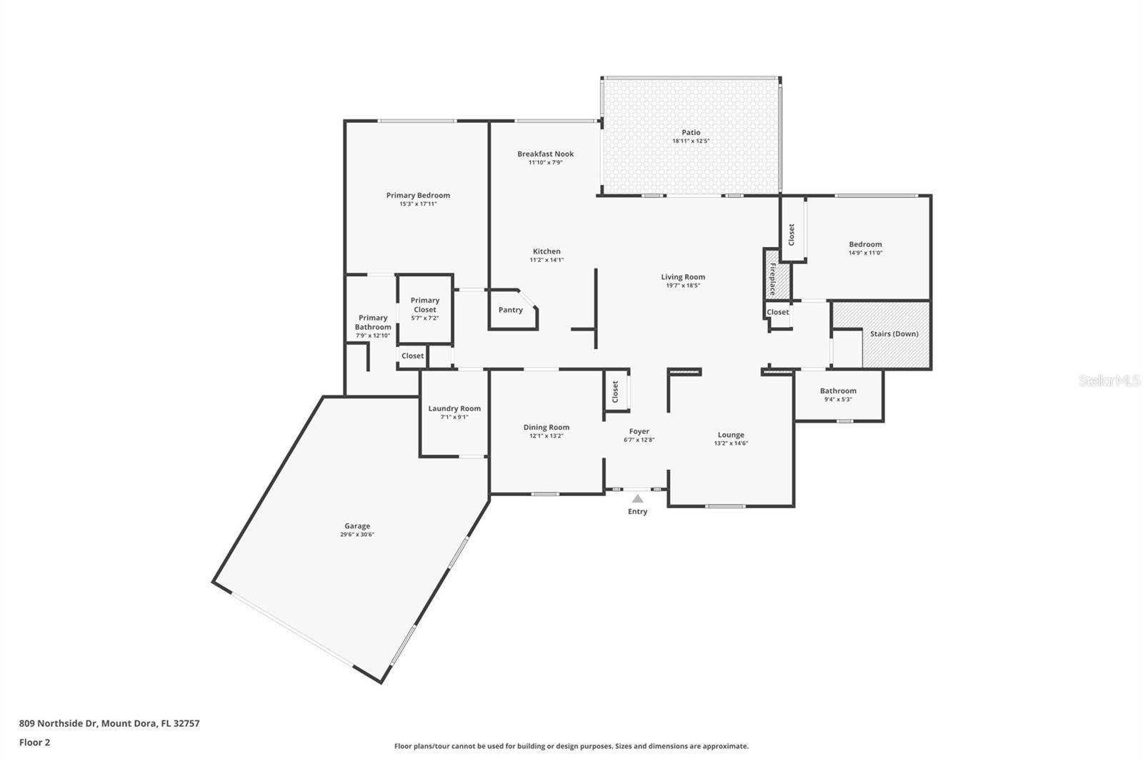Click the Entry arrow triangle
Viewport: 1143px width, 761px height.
click(638, 498)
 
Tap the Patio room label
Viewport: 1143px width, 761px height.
click(691, 132)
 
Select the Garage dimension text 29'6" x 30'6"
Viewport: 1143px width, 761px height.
click(357, 535)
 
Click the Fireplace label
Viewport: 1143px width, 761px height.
click(773, 279)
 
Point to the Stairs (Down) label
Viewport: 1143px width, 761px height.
click(894, 333)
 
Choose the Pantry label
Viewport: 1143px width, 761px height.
click(510, 310)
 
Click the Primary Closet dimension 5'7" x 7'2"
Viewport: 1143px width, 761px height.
click(425, 318)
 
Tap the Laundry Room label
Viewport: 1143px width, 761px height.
click(454, 408)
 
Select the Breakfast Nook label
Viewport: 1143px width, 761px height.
click(546, 153)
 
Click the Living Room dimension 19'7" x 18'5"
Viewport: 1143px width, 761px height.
click(683, 286)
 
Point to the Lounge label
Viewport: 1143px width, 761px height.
click(731, 435)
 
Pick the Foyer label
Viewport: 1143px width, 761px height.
click(639, 431)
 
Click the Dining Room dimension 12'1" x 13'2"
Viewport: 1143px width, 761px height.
click(546, 436)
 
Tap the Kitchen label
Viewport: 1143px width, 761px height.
click(546, 251)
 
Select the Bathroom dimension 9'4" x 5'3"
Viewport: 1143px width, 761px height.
click(839, 399)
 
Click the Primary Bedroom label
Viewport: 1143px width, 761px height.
click(418, 195)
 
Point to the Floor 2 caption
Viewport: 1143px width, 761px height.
click(35, 742)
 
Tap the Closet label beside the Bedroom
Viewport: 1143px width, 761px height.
click(792, 235)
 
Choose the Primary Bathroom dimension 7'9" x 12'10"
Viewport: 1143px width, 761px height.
click(373, 336)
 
